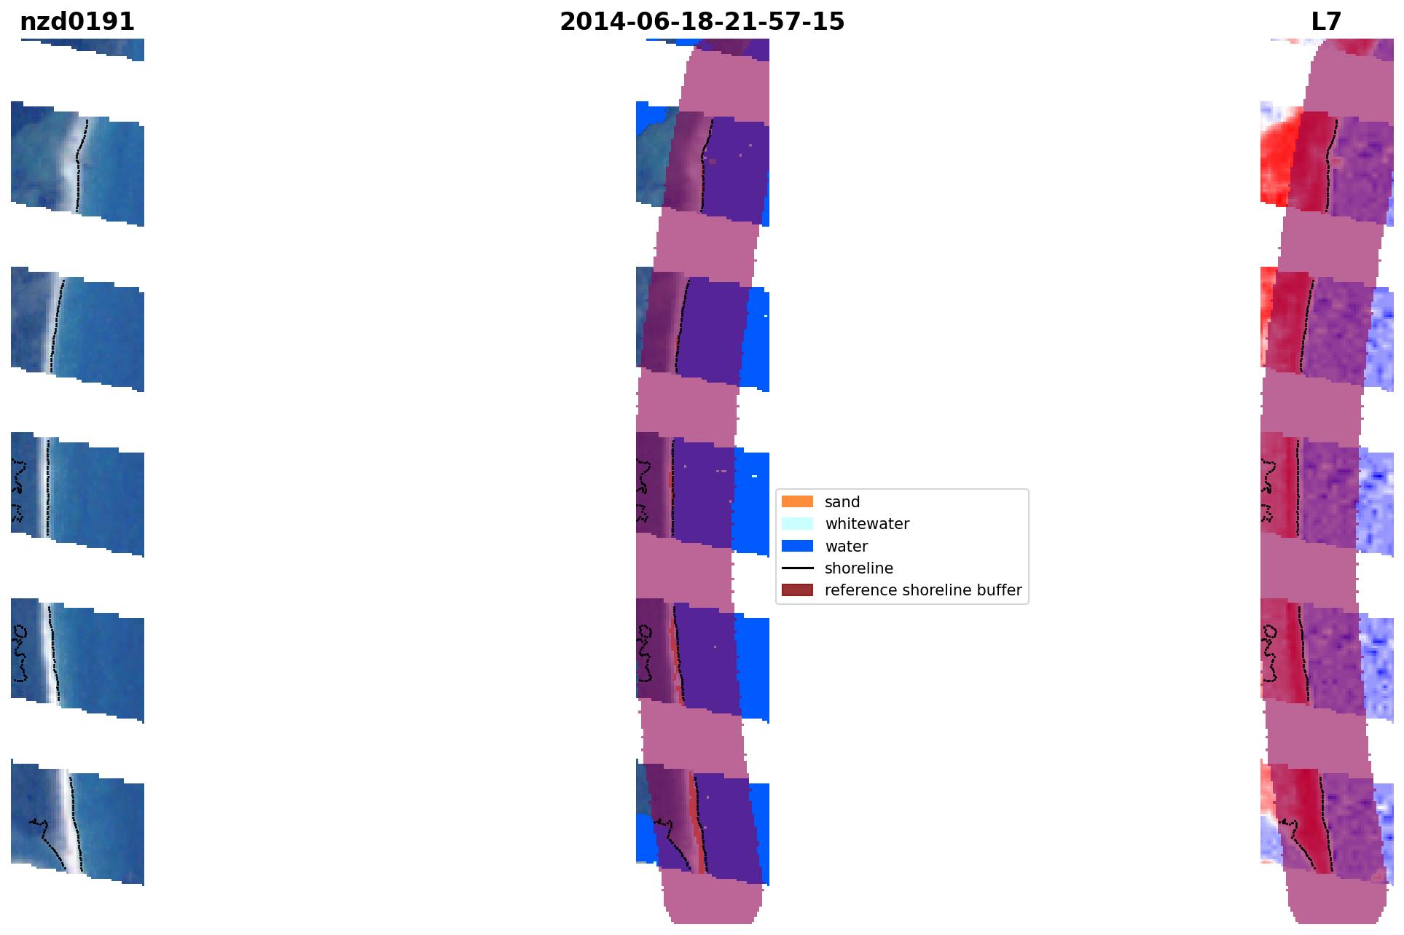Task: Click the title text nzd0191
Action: click(77, 22)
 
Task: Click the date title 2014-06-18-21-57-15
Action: click(702, 22)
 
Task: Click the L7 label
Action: click(1326, 22)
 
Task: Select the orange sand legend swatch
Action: click(797, 501)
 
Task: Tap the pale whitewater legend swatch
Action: click(797, 523)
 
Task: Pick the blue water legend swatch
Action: click(797, 546)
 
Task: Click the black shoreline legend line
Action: click(797, 568)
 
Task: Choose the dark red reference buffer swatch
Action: click(797, 590)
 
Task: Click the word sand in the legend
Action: click(842, 502)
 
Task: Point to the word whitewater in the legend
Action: click(867, 524)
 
